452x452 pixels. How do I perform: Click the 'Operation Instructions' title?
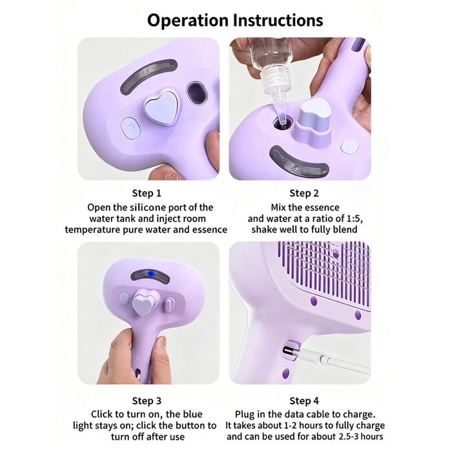click(235, 21)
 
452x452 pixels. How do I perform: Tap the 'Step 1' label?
click(147, 193)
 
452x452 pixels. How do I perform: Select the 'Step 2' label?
click(304, 193)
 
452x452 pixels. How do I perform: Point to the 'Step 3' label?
click(147, 401)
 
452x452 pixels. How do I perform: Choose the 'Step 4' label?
click(304, 401)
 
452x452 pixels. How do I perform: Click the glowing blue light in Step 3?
click(150, 273)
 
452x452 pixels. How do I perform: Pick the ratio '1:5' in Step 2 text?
click(354, 218)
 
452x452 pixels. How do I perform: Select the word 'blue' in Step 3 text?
click(192, 415)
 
